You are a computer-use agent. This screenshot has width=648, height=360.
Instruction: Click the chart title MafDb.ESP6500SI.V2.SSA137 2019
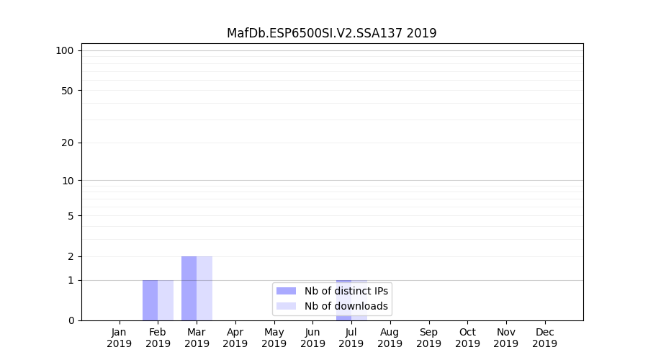[x=331, y=33]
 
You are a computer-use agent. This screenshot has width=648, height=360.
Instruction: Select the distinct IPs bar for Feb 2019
[x=150, y=300]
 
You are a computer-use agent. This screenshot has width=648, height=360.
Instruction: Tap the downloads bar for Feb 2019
[x=166, y=300]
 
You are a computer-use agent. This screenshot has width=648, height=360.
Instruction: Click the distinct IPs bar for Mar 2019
[x=189, y=288]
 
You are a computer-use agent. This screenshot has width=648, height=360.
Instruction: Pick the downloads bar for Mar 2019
[x=204, y=288]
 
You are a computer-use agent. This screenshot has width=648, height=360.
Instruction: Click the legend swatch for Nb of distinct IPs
[x=286, y=291]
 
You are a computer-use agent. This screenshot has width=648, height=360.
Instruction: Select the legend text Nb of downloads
[x=346, y=306]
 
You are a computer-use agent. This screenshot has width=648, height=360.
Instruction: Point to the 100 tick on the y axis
[x=65, y=50]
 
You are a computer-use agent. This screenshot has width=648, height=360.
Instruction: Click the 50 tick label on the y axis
[x=67, y=91]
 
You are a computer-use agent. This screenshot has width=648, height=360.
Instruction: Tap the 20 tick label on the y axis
[x=67, y=143]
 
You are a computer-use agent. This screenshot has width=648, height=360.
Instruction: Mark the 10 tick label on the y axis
[x=67, y=181]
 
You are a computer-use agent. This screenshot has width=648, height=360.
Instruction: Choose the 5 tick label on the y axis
[x=71, y=216]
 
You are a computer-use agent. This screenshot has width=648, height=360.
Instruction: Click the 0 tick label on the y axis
[x=71, y=320]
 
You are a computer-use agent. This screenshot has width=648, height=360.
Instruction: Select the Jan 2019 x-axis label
[x=119, y=338]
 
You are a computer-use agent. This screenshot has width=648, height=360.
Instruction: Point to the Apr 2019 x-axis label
[x=235, y=338]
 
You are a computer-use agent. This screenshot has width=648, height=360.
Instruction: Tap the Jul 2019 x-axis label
[x=351, y=338]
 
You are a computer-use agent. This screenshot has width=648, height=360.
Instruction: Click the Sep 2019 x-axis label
[x=428, y=338]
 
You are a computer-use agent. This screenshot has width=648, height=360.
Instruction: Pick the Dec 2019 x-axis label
[x=545, y=338]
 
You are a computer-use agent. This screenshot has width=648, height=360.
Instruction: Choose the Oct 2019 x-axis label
[x=467, y=338]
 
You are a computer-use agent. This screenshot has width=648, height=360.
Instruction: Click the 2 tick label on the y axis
[x=71, y=257]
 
